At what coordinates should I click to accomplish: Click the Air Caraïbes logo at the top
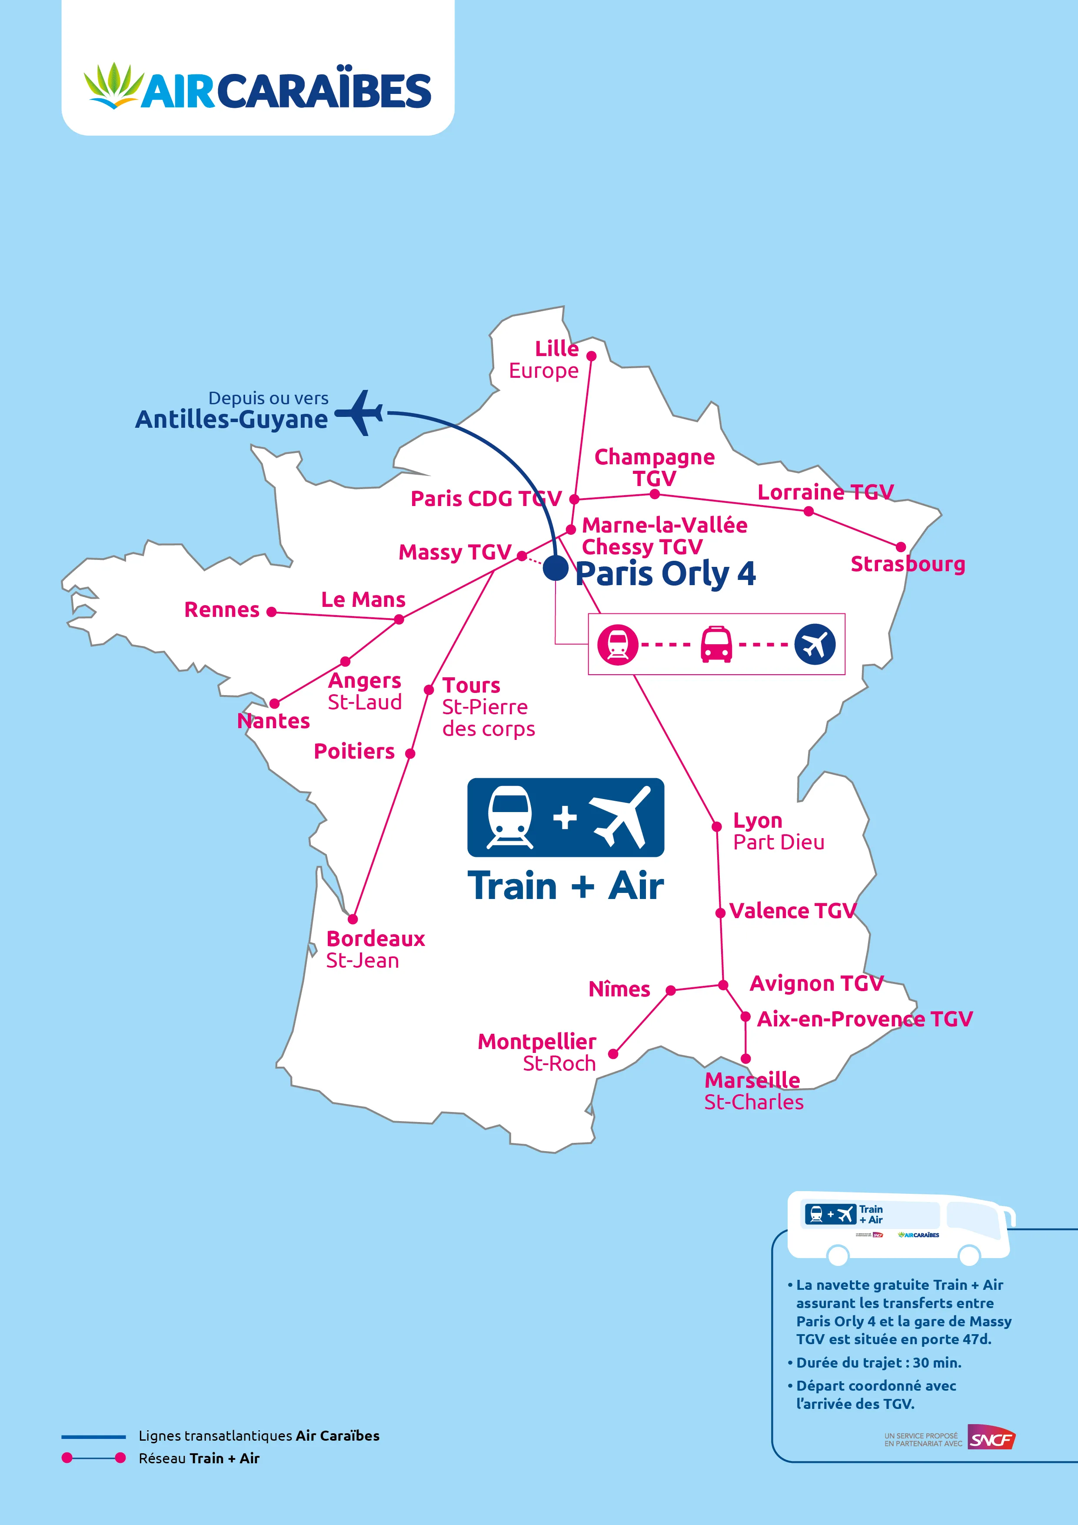point(258,87)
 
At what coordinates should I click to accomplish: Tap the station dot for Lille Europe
point(591,356)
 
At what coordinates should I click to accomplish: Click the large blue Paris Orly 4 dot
point(555,569)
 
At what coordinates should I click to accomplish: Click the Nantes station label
point(274,721)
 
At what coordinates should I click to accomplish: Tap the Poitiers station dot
point(410,753)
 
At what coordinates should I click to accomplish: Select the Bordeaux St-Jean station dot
point(353,919)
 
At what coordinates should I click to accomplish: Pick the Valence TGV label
point(792,911)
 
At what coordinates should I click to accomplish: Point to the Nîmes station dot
point(671,990)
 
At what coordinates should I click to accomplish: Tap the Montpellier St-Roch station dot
point(613,1053)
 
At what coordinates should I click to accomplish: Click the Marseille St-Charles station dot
point(746,1059)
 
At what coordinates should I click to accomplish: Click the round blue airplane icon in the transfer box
point(815,644)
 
